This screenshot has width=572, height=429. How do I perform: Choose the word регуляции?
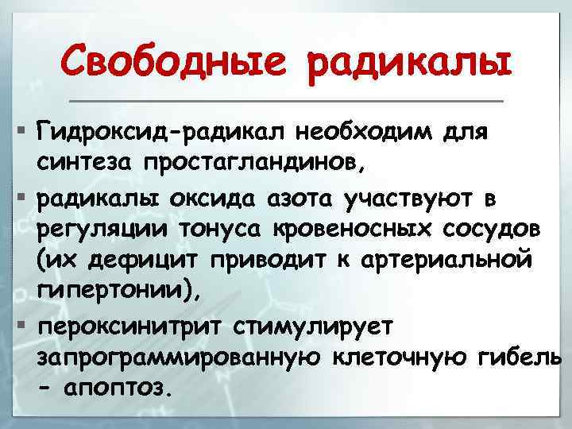pos(100,230)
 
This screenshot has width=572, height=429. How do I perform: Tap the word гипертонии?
pos(110,295)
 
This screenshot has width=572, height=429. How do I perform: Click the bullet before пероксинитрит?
pos(21,327)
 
